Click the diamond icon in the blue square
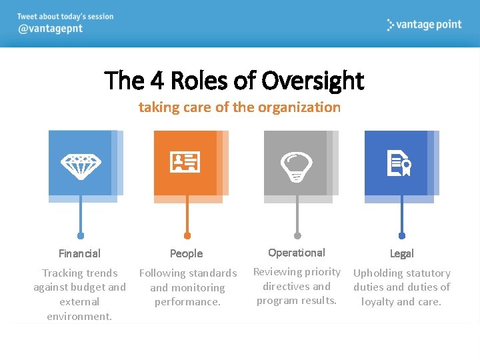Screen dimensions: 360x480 click(81, 164)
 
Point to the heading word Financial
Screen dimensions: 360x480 click(79, 253)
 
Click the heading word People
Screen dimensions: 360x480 click(186, 253)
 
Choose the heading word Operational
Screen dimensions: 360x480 click(297, 253)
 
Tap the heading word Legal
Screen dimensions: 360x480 click(401, 253)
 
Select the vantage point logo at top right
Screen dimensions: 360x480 click(424, 25)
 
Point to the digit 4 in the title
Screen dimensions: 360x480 click(157, 81)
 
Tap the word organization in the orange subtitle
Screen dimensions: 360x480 click(299, 107)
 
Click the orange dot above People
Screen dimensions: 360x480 click(187, 235)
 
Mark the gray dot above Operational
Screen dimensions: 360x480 click(297, 235)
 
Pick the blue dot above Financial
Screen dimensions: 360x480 click(81, 235)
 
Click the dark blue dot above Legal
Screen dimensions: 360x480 click(402, 235)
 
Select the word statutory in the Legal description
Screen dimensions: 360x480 click(425, 273)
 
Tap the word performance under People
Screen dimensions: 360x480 click(187, 302)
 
